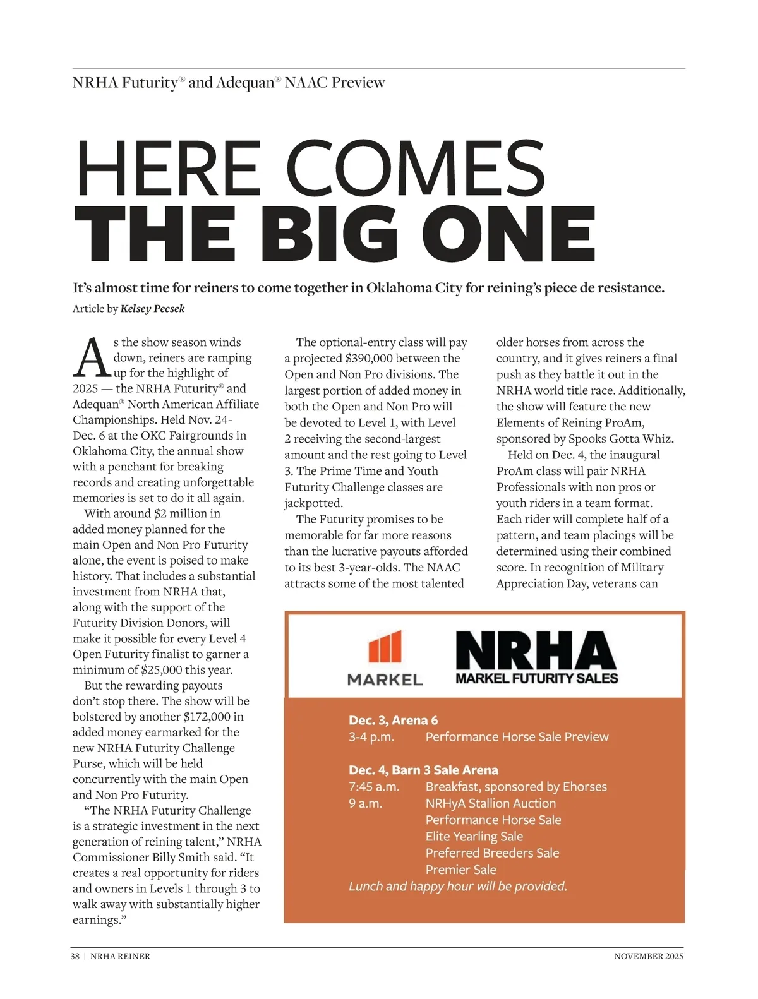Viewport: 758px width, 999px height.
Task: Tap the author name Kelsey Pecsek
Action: click(153, 309)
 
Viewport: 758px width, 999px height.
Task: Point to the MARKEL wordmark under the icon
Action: click(385, 679)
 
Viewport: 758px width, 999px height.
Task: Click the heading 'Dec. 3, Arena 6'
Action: click(393, 720)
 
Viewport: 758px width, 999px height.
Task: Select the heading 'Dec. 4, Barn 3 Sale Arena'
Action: click(423, 770)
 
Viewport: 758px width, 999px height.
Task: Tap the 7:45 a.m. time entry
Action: click(374, 787)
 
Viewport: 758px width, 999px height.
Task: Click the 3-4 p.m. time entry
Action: click(371, 737)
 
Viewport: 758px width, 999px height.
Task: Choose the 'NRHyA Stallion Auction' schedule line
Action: click(491, 803)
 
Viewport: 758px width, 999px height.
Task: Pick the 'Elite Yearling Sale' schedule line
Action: click(474, 836)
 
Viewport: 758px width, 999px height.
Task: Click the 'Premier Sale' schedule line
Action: click(460, 870)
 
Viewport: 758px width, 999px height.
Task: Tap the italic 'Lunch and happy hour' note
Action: click(458, 886)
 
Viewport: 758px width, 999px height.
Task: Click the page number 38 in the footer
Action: click(75, 956)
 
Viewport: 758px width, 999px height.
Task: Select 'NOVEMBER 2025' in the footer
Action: click(649, 956)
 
